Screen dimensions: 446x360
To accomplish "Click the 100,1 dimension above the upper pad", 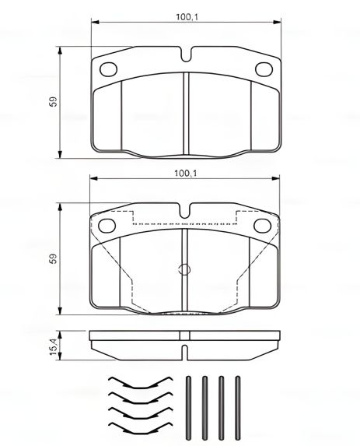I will tap(183, 16).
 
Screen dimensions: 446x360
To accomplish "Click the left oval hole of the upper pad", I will tap(109, 68).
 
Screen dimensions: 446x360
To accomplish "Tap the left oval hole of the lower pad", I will tap(109, 226).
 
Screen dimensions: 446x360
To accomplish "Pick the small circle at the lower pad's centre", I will tap(184, 270).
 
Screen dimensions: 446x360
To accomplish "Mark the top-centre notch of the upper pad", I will tap(185, 54).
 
